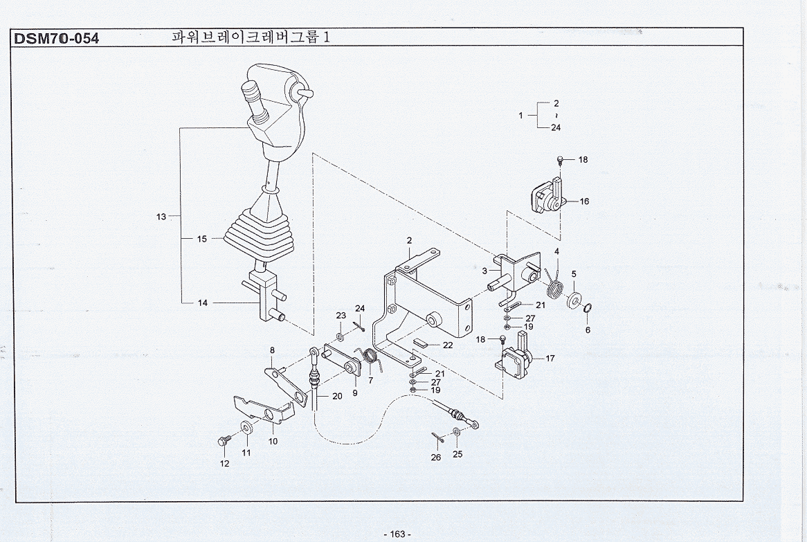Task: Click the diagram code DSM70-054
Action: click(56, 38)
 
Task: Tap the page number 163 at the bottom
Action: click(397, 534)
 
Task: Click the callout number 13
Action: click(161, 217)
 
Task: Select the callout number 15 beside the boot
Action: click(201, 239)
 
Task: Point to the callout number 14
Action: click(203, 302)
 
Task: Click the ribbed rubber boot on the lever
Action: click(258, 239)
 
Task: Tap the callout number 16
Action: click(585, 201)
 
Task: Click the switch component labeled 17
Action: click(516, 356)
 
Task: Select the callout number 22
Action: click(448, 345)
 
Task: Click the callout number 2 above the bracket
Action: click(409, 240)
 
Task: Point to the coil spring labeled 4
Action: click(554, 280)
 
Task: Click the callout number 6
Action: click(588, 330)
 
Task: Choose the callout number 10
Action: click(273, 441)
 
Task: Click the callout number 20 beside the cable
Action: click(337, 397)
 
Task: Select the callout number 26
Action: click(436, 458)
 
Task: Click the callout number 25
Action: click(457, 454)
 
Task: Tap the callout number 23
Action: click(341, 316)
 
